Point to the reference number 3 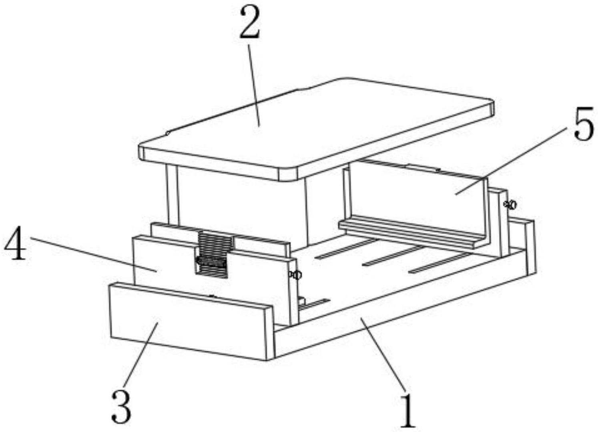pos(121,407)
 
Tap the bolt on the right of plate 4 pos(295,275)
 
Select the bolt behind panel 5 pos(510,205)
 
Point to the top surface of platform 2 pos(315,125)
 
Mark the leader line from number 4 pos(93,254)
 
